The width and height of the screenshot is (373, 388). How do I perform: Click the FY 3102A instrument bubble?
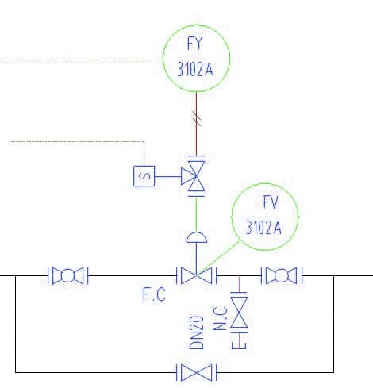(x=196, y=25)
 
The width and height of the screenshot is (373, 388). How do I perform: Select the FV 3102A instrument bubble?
(x=265, y=184)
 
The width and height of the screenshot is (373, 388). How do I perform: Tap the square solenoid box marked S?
(x=144, y=176)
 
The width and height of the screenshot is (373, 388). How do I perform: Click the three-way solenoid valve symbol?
(x=196, y=176)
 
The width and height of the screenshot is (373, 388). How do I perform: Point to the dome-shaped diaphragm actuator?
(x=197, y=237)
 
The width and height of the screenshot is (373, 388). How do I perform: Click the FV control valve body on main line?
(x=197, y=275)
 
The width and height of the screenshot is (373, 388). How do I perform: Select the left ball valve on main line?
(x=68, y=275)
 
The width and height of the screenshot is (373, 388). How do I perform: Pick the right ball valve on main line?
(x=282, y=275)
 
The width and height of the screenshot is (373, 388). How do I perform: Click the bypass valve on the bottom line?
(x=197, y=372)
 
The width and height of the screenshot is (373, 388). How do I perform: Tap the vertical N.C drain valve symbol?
(x=239, y=313)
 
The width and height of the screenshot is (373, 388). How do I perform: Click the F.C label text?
(x=154, y=294)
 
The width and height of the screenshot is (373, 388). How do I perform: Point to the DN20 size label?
(x=197, y=332)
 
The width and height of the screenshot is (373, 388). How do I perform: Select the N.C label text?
(x=221, y=318)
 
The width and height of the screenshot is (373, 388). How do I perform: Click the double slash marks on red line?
(x=197, y=118)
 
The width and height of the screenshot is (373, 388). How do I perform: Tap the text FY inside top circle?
(x=195, y=44)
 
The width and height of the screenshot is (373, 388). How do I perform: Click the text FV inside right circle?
(x=271, y=202)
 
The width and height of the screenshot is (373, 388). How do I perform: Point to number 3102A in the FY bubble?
(x=195, y=69)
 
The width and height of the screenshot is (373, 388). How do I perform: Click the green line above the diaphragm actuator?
(x=196, y=214)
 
